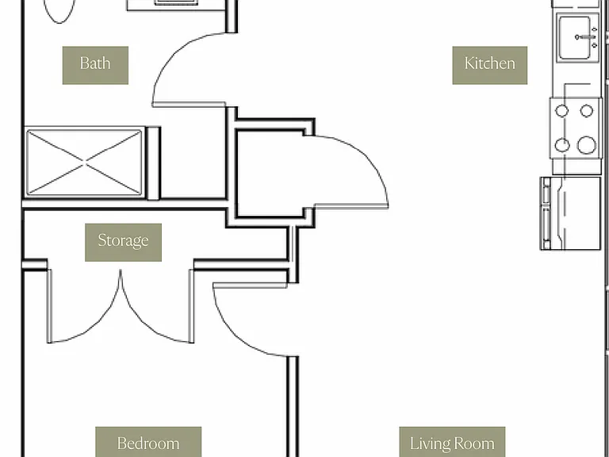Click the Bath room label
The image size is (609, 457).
click(95, 65)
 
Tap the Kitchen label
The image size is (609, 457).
click(490, 65)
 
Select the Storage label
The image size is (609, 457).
click(123, 242)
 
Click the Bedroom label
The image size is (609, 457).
click(148, 442)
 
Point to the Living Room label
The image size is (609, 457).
click(452, 442)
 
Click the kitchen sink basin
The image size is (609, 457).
click(574, 38)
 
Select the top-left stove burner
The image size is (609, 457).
click(561, 111)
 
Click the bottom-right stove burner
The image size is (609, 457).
click(586, 145)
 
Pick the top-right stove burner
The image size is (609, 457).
click(587, 111)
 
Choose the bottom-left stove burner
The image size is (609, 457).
click(562, 145)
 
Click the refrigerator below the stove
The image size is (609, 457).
click(570, 213)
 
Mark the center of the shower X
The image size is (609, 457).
click(84, 162)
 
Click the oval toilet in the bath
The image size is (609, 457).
click(59, 10)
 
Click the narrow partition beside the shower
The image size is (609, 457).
click(153, 163)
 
